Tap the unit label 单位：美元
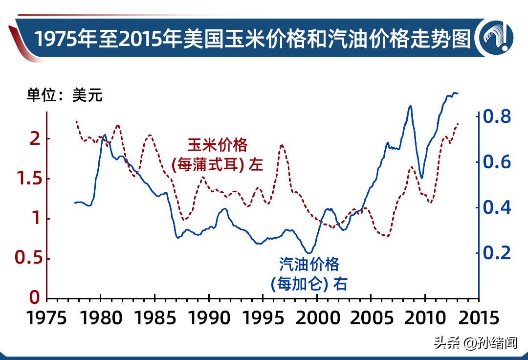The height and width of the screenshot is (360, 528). click(x=65, y=95)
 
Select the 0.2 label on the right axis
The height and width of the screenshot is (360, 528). click(x=497, y=253)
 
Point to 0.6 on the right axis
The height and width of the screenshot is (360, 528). click(x=497, y=162)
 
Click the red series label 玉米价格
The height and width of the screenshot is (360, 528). click(x=218, y=145)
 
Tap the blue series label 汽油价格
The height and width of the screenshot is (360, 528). click(x=309, y=264)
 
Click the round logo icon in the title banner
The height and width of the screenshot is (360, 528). click(x=497, y=38)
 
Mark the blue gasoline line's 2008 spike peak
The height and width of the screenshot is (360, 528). click(x=410, y=106)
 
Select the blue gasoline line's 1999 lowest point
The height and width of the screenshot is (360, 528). click(x=308, y=253)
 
